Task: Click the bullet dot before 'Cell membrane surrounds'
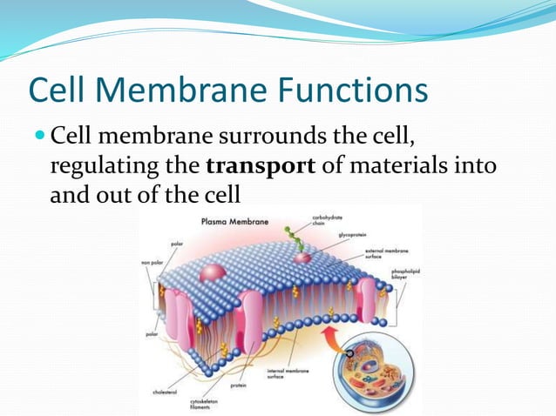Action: click(40, 137)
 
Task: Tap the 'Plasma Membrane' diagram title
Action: click(234, 221)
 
